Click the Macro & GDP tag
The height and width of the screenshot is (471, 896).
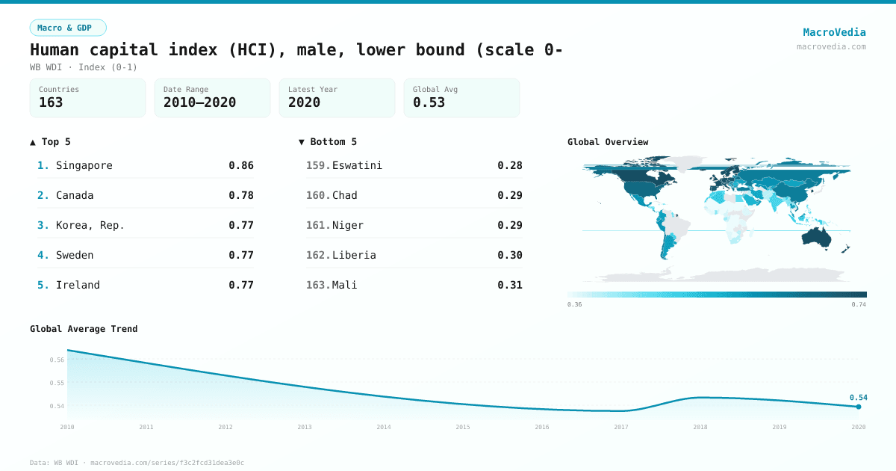coord(68,28)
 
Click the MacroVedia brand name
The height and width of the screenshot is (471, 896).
coord(834,32)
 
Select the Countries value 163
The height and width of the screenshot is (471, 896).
coord(51,102)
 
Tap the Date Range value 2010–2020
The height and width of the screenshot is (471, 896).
coord(199,102)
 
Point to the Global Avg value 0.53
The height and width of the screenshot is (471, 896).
coord(429,102)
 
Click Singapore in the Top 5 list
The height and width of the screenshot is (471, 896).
coord(84,165)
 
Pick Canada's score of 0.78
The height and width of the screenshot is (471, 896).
coord(241,195)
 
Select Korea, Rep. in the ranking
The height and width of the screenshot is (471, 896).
coord(90,225)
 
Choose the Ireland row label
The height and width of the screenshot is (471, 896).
coord(78,285)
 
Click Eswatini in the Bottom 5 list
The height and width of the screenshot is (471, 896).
coord(357,165)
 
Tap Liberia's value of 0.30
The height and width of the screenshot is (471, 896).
coord(510,255)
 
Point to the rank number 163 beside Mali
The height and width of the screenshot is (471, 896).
coord(318,285)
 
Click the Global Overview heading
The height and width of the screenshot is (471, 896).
coord(608,142)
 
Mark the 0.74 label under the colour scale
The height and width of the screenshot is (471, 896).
coord(859,304)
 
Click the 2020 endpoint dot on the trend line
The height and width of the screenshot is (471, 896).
coord(859,407)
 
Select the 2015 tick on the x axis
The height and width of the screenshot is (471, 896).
coord(463,427)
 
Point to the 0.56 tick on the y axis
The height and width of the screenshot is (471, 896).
coord(57,360)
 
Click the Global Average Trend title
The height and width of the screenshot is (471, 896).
coord(84,329)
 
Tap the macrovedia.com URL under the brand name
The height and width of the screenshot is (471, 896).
coord(831,46)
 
